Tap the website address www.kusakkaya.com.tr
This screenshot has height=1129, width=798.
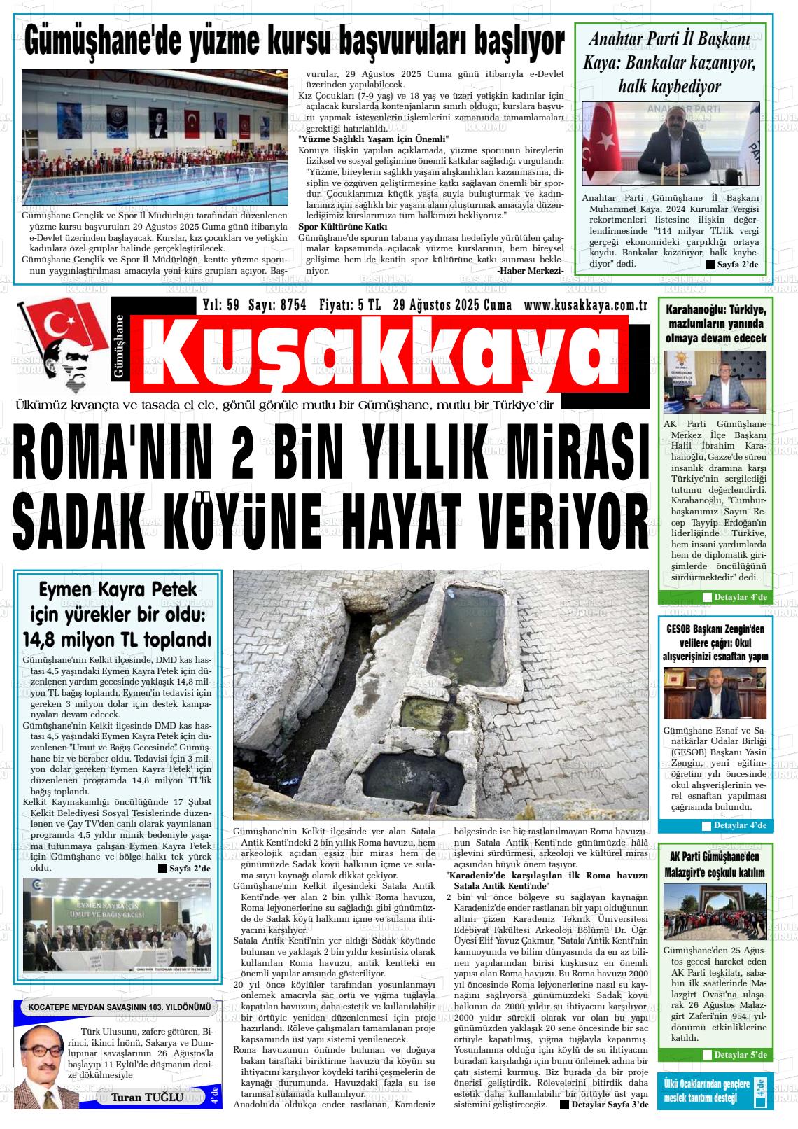tap(584, 305)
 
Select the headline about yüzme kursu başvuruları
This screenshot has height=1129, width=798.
tap(294, 41)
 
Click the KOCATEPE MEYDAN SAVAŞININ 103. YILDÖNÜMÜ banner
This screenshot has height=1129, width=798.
tap(119, 1007)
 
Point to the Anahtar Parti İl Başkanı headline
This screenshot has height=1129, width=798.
tap(669, 62)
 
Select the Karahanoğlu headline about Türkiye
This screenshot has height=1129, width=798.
tap(715, 323)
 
